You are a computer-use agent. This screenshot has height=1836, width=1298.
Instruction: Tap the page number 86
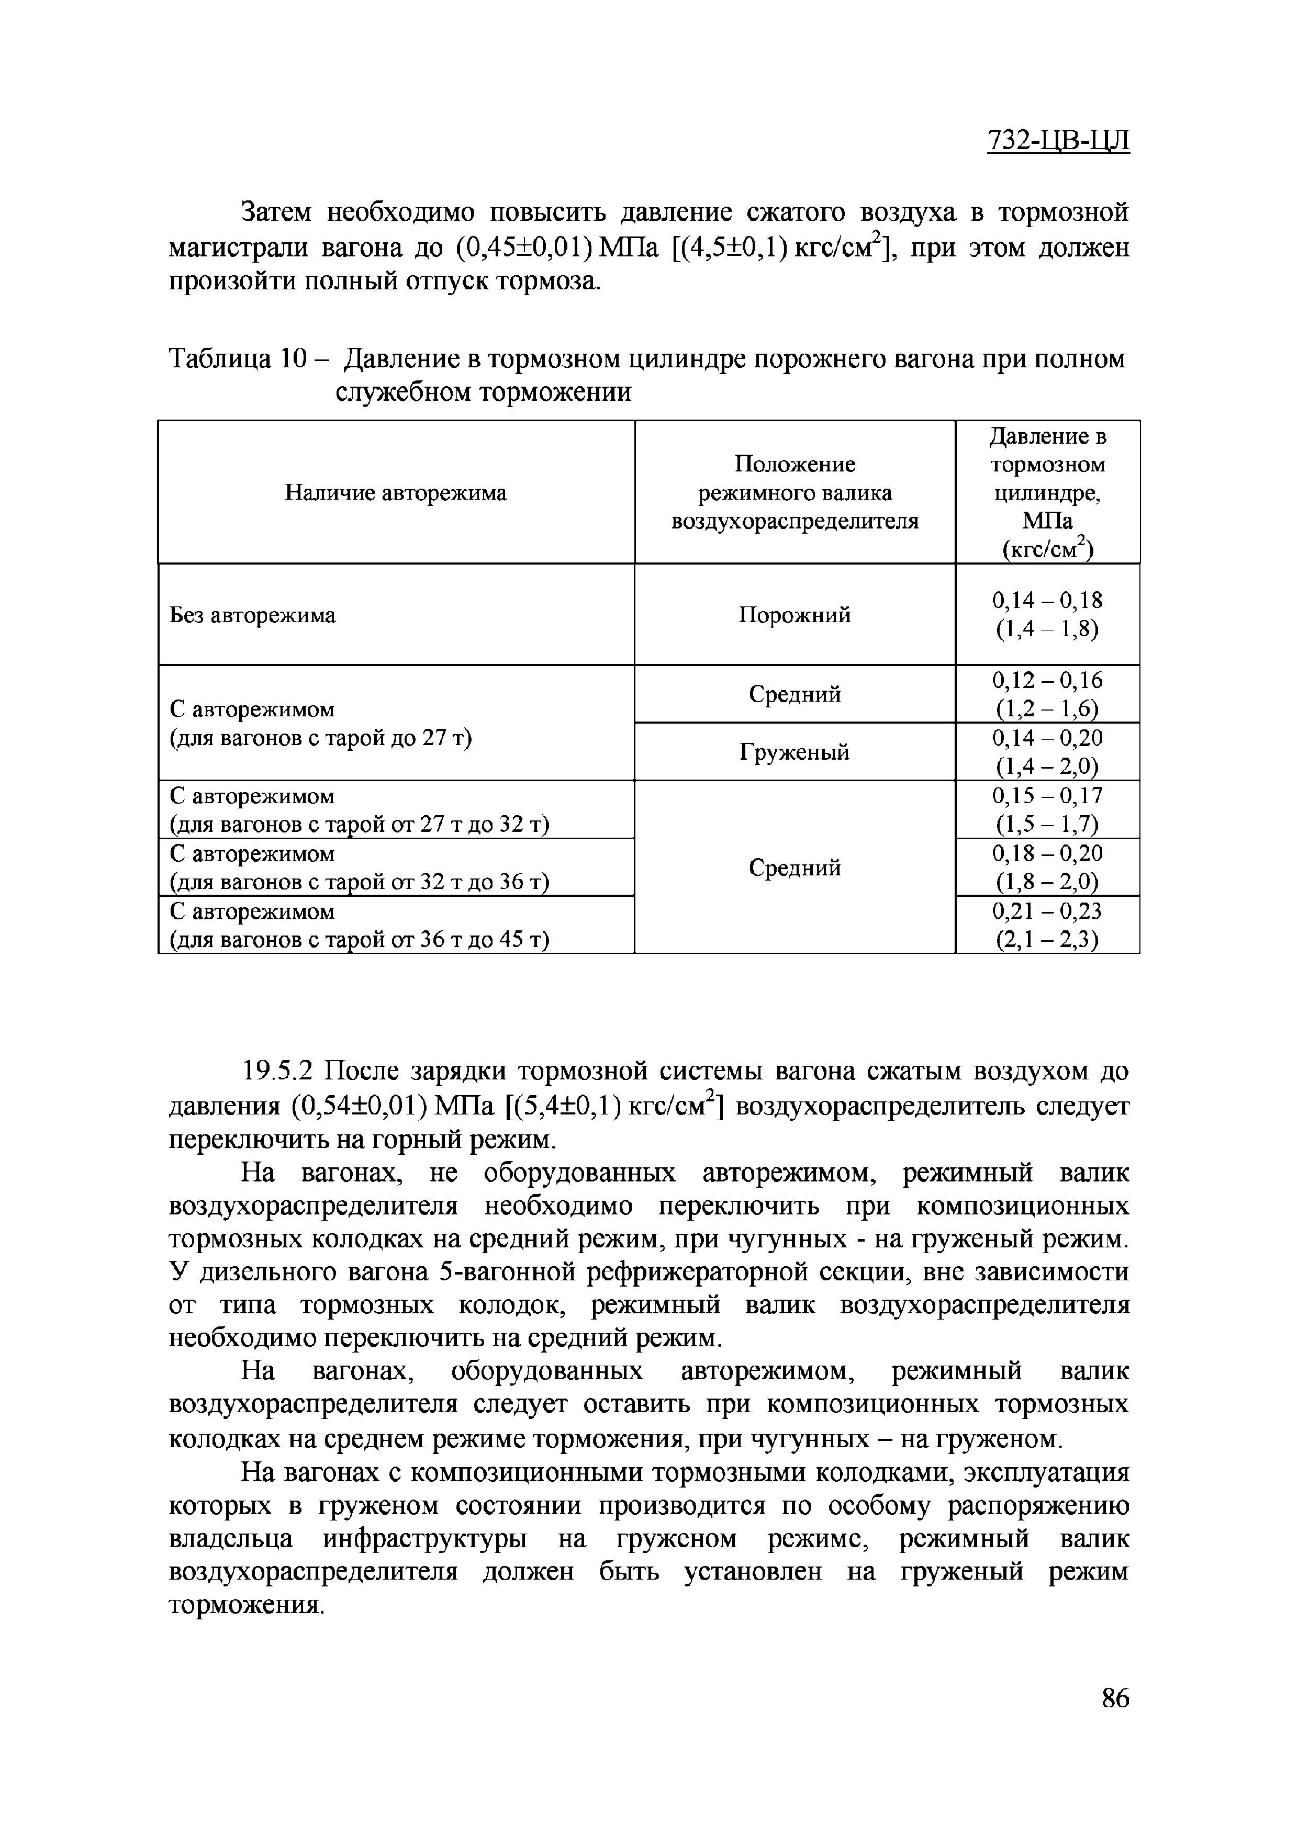point(1115,1718)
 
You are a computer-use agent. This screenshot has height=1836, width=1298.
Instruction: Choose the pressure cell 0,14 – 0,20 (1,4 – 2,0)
point(1047,752)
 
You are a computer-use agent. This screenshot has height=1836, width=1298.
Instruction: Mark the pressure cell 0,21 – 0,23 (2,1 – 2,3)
point(1047,925)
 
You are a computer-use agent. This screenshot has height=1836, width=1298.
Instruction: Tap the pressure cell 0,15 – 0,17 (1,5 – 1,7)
point(1047,809)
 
